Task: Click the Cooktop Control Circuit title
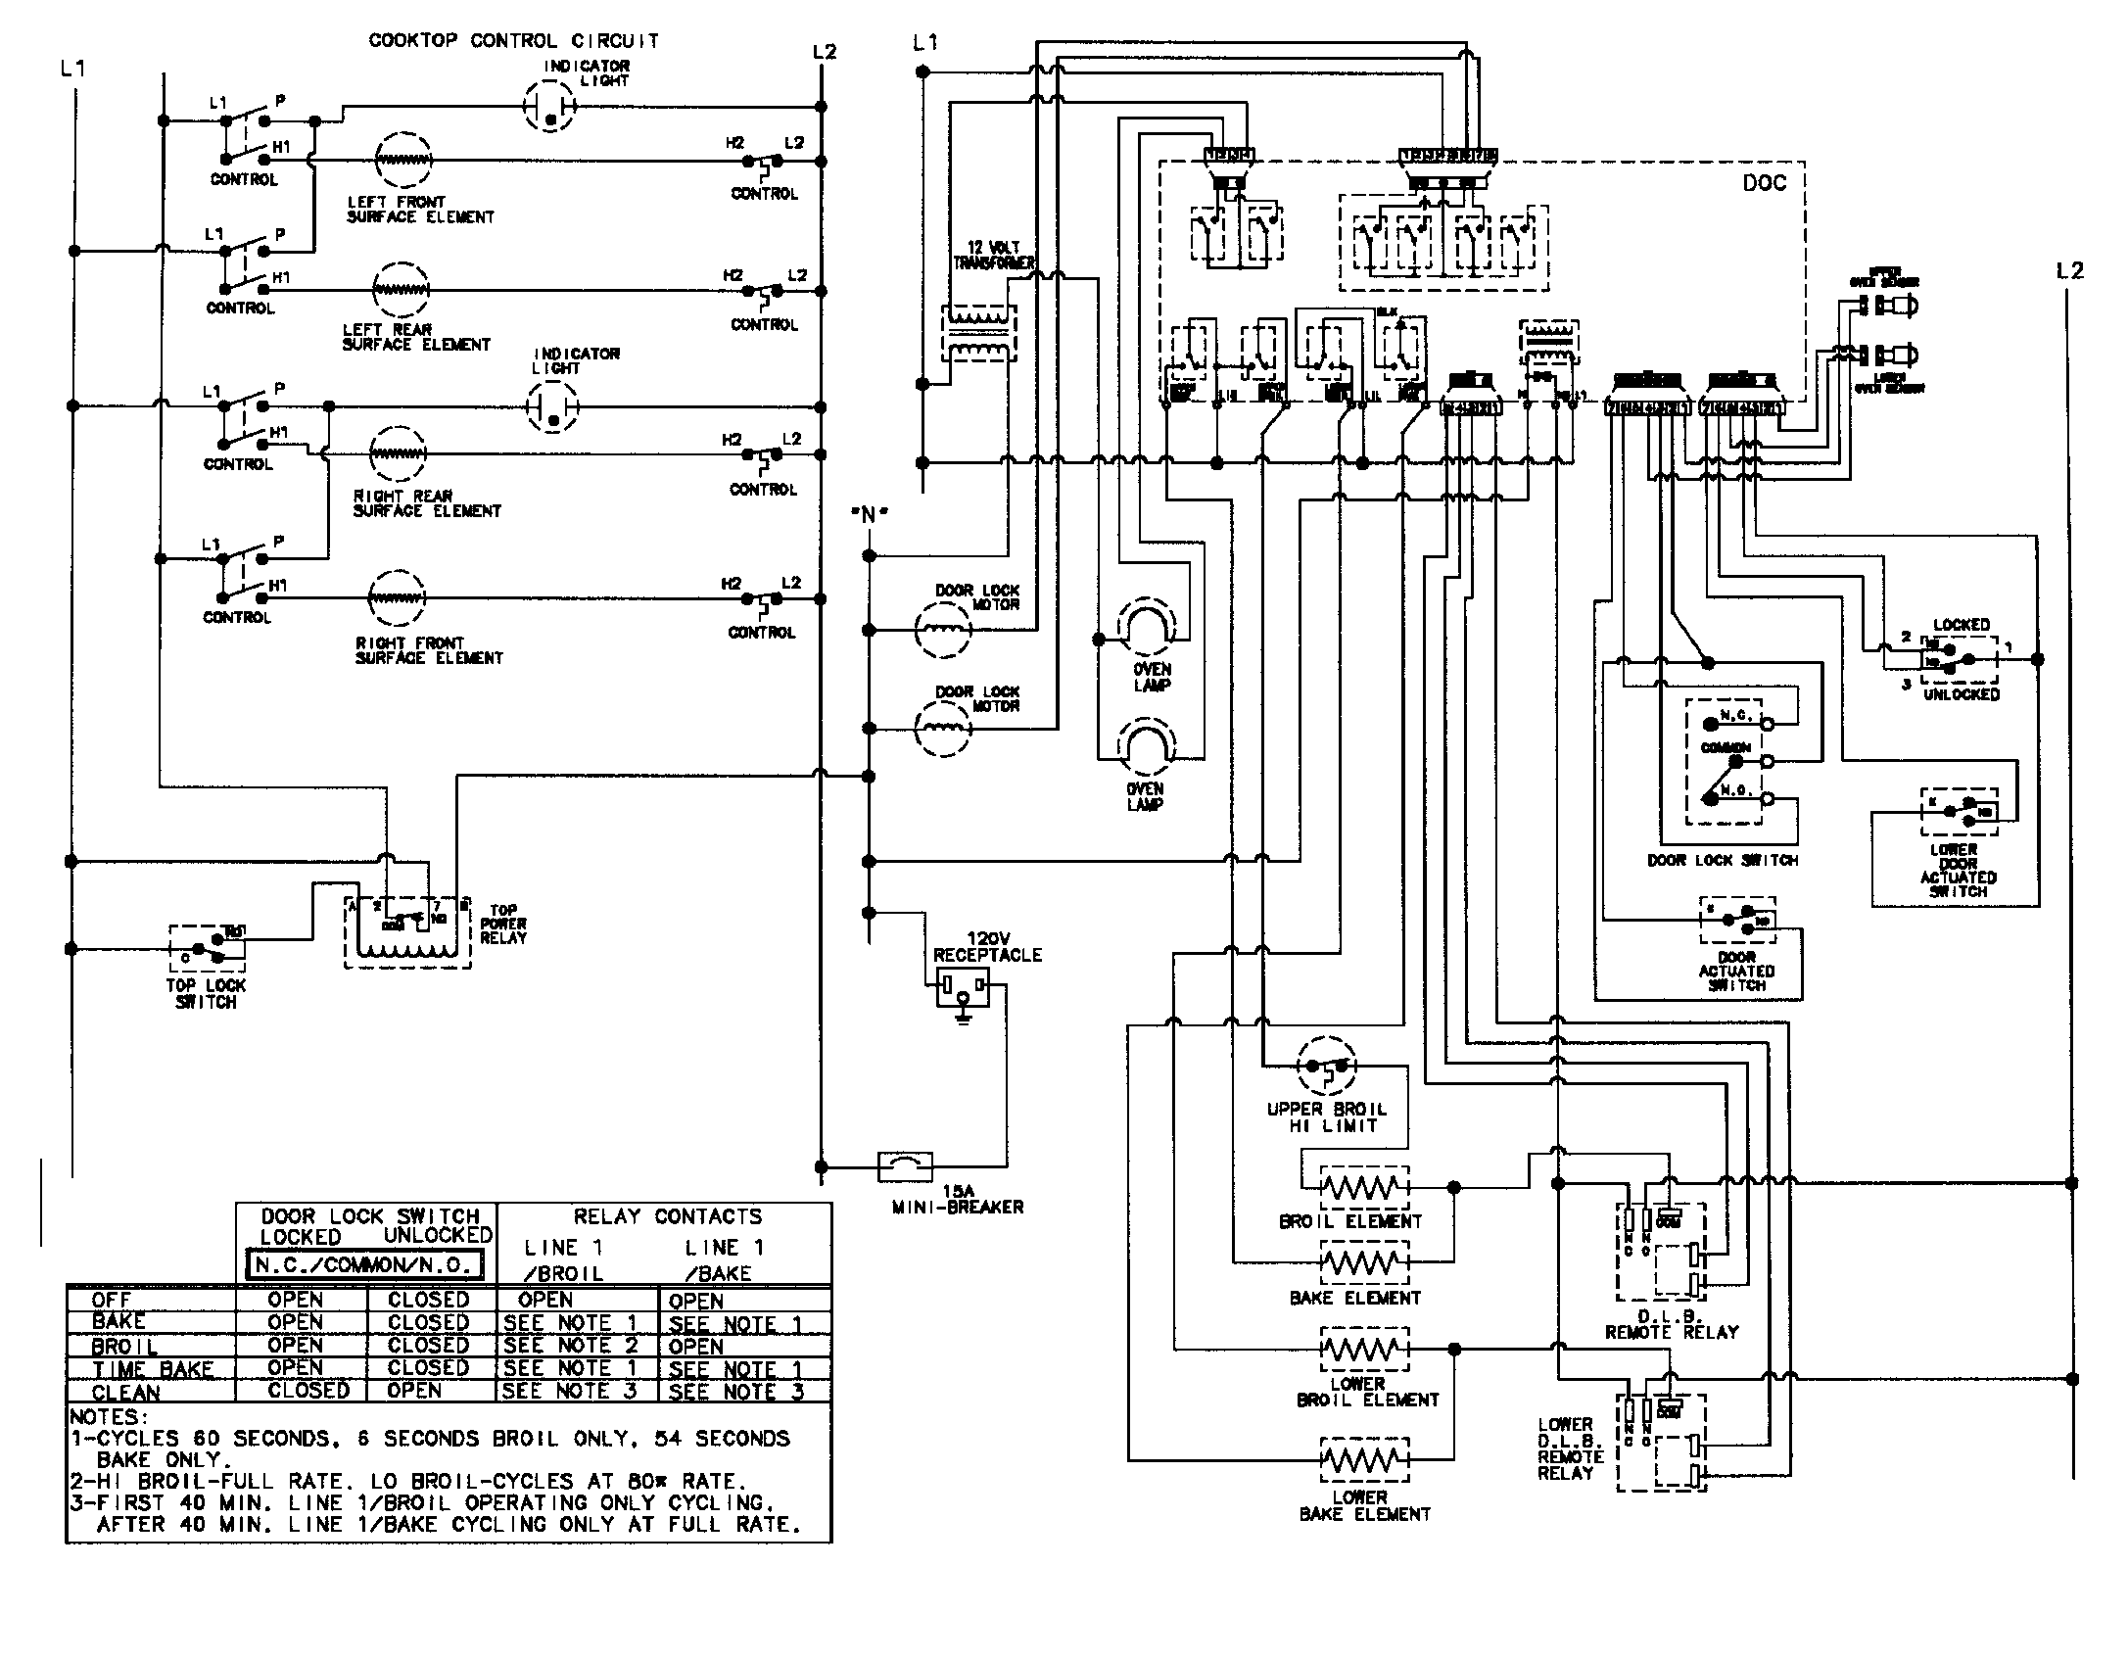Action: pos(513,41)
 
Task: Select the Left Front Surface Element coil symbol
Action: pos(402,159)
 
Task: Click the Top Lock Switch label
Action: pos(206,994)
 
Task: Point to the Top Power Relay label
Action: pos(503,924)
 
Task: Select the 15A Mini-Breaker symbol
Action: pos(907,1165)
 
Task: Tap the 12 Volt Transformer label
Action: pos(992,256)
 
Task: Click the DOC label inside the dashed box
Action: pos(1764,184)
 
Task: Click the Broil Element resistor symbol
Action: pos(1364,1188)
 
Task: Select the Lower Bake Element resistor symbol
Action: pos(1364,1462)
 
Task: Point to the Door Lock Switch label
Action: pos(1722,860)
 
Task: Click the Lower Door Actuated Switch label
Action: pos(1958,871)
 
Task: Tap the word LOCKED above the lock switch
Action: pos(1961,625)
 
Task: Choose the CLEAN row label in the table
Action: pos(125,1392)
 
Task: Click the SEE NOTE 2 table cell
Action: pos(570,1346)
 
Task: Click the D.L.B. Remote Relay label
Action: pos(1671,1324)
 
